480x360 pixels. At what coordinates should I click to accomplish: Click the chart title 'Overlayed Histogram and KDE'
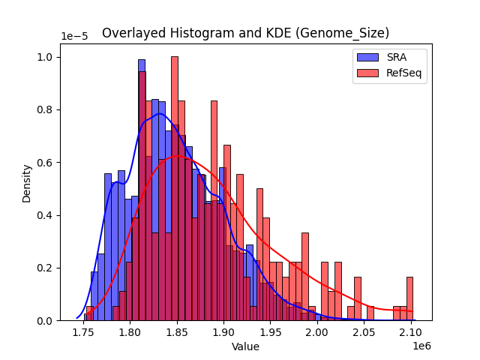245,33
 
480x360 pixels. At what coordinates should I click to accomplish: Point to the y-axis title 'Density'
27,183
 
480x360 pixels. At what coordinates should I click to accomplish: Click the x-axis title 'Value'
245,347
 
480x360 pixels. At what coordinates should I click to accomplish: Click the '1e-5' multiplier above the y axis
73,37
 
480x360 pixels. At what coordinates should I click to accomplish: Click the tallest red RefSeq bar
175,187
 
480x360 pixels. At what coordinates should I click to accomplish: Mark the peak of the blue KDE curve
159,114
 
